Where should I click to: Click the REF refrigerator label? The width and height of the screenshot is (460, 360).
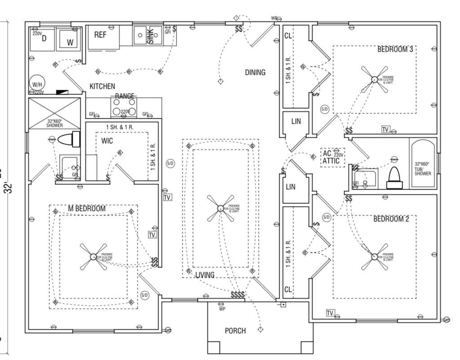coord(100,35)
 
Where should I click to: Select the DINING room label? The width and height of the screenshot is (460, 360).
coord(255,72)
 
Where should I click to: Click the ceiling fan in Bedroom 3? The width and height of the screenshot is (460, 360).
coord(374,79)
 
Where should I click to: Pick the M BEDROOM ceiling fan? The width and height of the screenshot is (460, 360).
coord(93,257)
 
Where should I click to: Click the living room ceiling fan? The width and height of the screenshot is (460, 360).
coord(221,208)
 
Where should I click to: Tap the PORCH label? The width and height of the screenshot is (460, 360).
coord(235,331)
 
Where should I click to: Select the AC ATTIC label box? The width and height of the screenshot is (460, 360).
coord(332,157)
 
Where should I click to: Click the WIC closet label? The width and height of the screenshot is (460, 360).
coord(107,141)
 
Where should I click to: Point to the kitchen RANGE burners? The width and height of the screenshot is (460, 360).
coord(123,107)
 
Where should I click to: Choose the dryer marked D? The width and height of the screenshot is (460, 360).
coord(44,39)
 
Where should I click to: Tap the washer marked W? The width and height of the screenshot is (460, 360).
coord(70,43)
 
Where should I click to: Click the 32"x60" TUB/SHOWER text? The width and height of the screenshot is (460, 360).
coord(422,169)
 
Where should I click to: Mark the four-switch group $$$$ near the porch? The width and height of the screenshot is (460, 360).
coord(238,295)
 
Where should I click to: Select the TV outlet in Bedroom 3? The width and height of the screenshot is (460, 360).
coord(385,129)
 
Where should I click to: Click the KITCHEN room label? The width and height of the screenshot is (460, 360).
coord(102,86)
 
